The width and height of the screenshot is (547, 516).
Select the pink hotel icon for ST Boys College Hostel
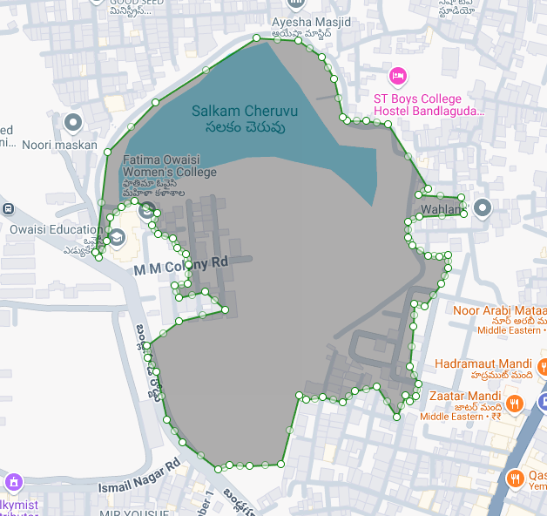[398, 77]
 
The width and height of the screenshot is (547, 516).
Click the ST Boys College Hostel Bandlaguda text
[428, 105]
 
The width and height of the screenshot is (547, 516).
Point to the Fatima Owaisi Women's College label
[169, 166]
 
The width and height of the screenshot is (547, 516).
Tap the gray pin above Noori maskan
[73, 122]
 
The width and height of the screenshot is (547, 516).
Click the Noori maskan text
[59, 145]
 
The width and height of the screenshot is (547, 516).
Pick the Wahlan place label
[439, 210]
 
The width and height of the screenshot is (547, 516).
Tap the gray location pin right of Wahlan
[483, 207]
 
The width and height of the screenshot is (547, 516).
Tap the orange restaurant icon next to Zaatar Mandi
[515, 403]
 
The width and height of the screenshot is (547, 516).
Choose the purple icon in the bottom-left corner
[13, 481]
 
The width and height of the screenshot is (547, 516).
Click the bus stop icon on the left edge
[7, 208]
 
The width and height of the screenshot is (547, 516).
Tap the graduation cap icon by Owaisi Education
[116, 236]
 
